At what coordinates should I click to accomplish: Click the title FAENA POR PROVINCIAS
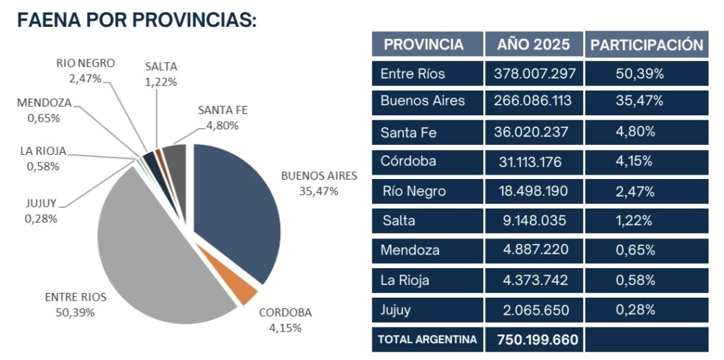(136, 21)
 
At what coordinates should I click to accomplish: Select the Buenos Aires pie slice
(237, 212)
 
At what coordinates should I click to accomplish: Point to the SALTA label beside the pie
(161, 66)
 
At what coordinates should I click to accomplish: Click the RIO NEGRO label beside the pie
(86, 62)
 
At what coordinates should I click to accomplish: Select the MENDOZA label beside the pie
(44, 103)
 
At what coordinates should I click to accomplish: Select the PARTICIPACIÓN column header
(647, 44)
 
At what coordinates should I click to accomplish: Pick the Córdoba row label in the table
(408, 161)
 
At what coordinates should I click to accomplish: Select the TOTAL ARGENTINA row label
(427, 339)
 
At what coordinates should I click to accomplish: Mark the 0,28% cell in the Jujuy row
(635, 310)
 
